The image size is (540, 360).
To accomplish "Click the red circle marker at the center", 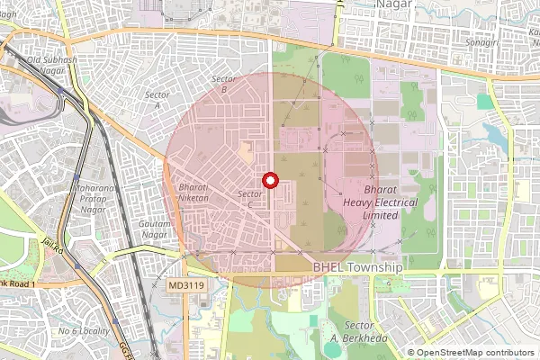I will tap(269, 181).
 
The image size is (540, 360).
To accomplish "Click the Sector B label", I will tap(223, 85).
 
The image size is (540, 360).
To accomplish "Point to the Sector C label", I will tap(250, 200).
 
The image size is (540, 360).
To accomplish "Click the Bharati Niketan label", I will tap(193, 193).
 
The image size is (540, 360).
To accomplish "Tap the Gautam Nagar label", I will tap(156, 229).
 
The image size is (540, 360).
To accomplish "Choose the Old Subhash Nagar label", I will tap(52, 66).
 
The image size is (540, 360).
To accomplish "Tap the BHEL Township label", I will tap(357, 268).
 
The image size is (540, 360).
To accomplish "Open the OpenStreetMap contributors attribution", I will tap(476, 353).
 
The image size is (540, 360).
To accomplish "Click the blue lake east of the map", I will tap(495, 136).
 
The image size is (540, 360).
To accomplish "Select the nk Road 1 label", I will tap(17, 284).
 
